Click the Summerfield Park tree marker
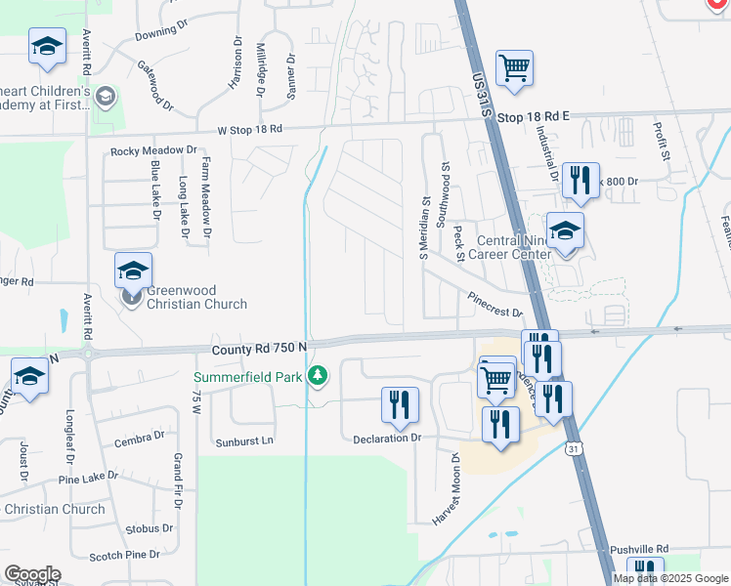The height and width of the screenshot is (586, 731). [x=317, y=376]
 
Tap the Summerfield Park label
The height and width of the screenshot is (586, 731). [x=248, y=376]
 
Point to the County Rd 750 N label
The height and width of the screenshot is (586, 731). [x=259, y=348]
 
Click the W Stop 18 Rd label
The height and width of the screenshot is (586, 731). [x=250, y=129]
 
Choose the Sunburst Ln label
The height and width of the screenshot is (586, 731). [x=244, y=441]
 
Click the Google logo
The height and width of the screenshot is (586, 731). [x=32, y=574]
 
